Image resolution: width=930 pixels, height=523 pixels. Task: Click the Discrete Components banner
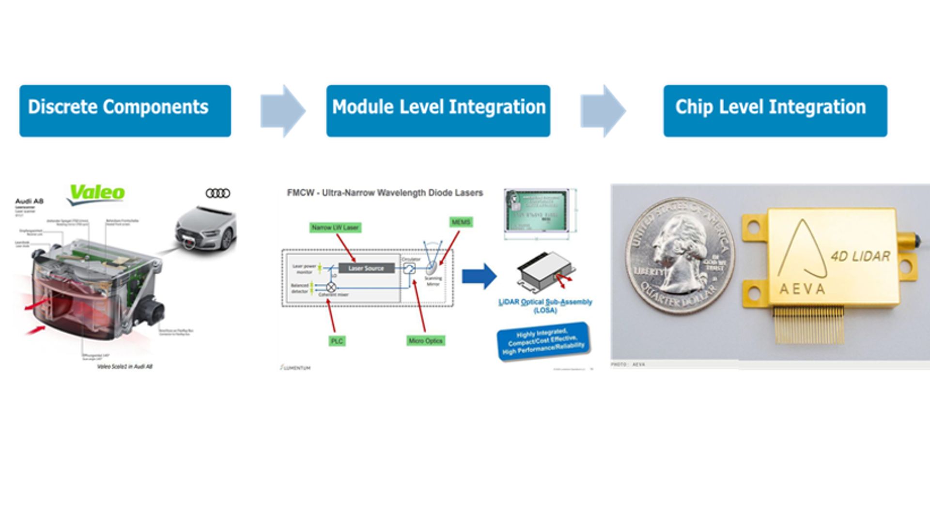tap(125, 111)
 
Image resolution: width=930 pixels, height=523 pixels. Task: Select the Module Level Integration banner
tap(438, 111)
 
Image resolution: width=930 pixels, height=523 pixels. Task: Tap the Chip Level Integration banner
tap(775, 111)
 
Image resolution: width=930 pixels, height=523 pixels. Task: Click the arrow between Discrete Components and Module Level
tap(282, 111)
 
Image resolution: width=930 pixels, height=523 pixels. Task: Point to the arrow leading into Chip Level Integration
tap(603, 111)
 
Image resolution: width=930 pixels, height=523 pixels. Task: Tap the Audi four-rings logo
tap(217, 193)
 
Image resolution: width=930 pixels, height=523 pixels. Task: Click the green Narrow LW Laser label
tap(335, 227)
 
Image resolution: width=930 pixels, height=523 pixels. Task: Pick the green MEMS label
tap(461, 222)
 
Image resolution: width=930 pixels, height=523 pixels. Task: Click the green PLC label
tap(337, 341)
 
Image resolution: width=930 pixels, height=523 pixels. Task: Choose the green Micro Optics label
tap(425, 341)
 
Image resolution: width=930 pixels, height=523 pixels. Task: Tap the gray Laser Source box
tap(366, 268)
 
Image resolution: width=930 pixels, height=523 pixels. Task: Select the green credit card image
tap(536, 212)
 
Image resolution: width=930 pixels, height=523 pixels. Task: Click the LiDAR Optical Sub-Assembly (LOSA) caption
tap(545, 306)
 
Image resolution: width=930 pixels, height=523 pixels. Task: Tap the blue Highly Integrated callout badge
tap(543, 341)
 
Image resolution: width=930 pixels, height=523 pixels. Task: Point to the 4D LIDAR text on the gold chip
tap(860, 256)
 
